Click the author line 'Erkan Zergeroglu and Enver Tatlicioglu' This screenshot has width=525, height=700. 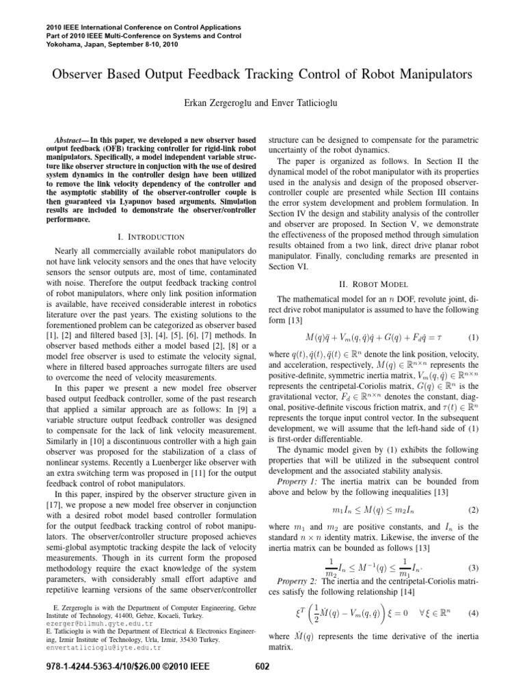262,103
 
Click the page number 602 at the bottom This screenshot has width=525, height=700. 262,685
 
